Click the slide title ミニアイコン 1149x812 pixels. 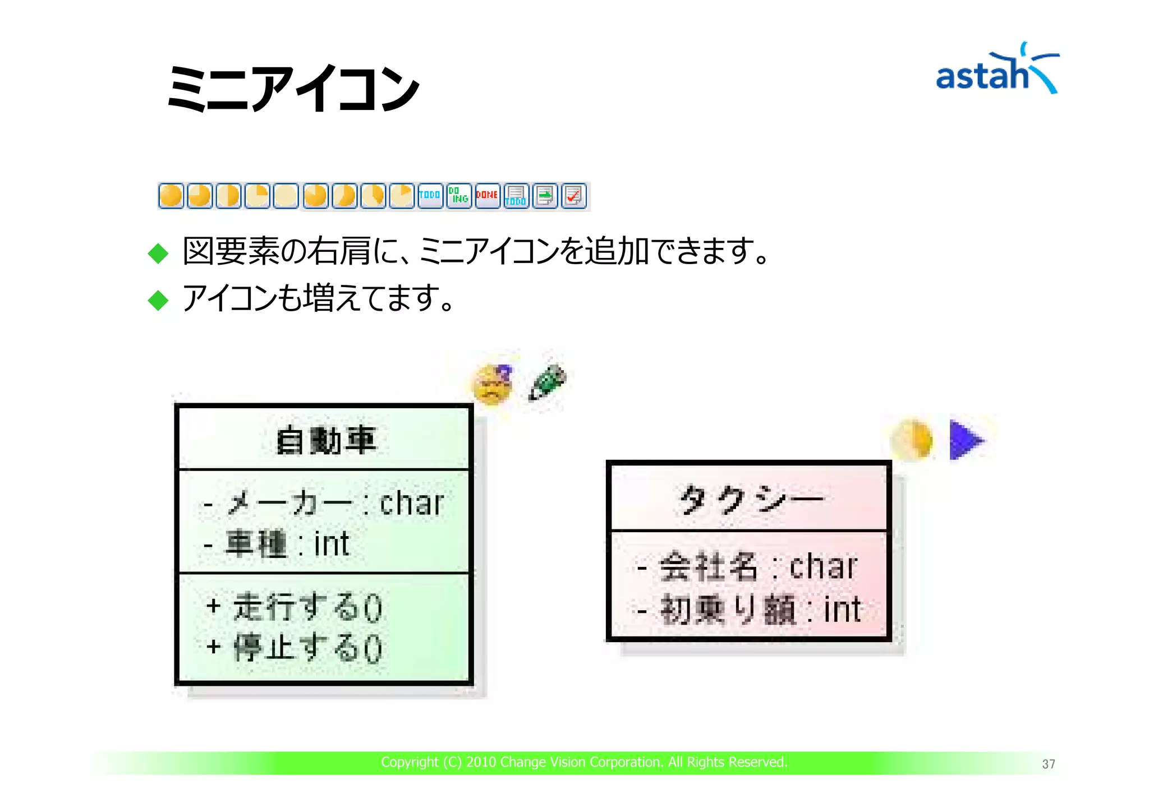click(x=293, y=89)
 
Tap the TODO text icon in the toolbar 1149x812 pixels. click(x=430, y=196)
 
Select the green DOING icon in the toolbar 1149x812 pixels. click(x=459, y=196)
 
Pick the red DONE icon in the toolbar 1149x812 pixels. click(x=487, y=196)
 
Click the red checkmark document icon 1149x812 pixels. click(x=573, y=196)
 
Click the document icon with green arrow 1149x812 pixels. click(x=545, y=196)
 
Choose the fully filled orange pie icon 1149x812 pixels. click(x=171, y=196)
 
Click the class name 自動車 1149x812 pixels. click(x=325, y=440)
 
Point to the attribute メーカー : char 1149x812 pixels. click(x=323, y=503)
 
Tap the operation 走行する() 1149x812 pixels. click(x=295, y=607)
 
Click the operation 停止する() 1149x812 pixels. click(x=295, y=648)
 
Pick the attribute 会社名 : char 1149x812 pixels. click(x=748, y=566)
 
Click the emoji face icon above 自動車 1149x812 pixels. click(x=493, y=384)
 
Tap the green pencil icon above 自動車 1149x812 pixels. click(x=547, y=382)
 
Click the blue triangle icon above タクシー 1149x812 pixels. click(x=966, y=440)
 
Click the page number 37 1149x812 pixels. click(x=1048, y=764)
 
